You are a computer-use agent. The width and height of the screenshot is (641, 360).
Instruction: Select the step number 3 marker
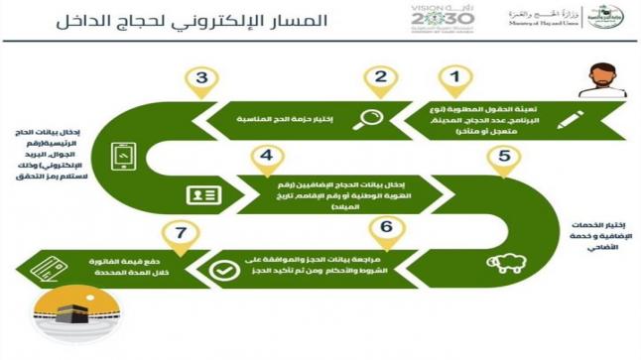[x=201, y=80]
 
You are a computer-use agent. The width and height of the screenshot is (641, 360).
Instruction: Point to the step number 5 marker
[x=503, y=157]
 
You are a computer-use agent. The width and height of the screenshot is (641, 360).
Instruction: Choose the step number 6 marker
[x=385, y=226]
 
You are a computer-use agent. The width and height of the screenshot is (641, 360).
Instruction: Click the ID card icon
[x=202, y=194]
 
